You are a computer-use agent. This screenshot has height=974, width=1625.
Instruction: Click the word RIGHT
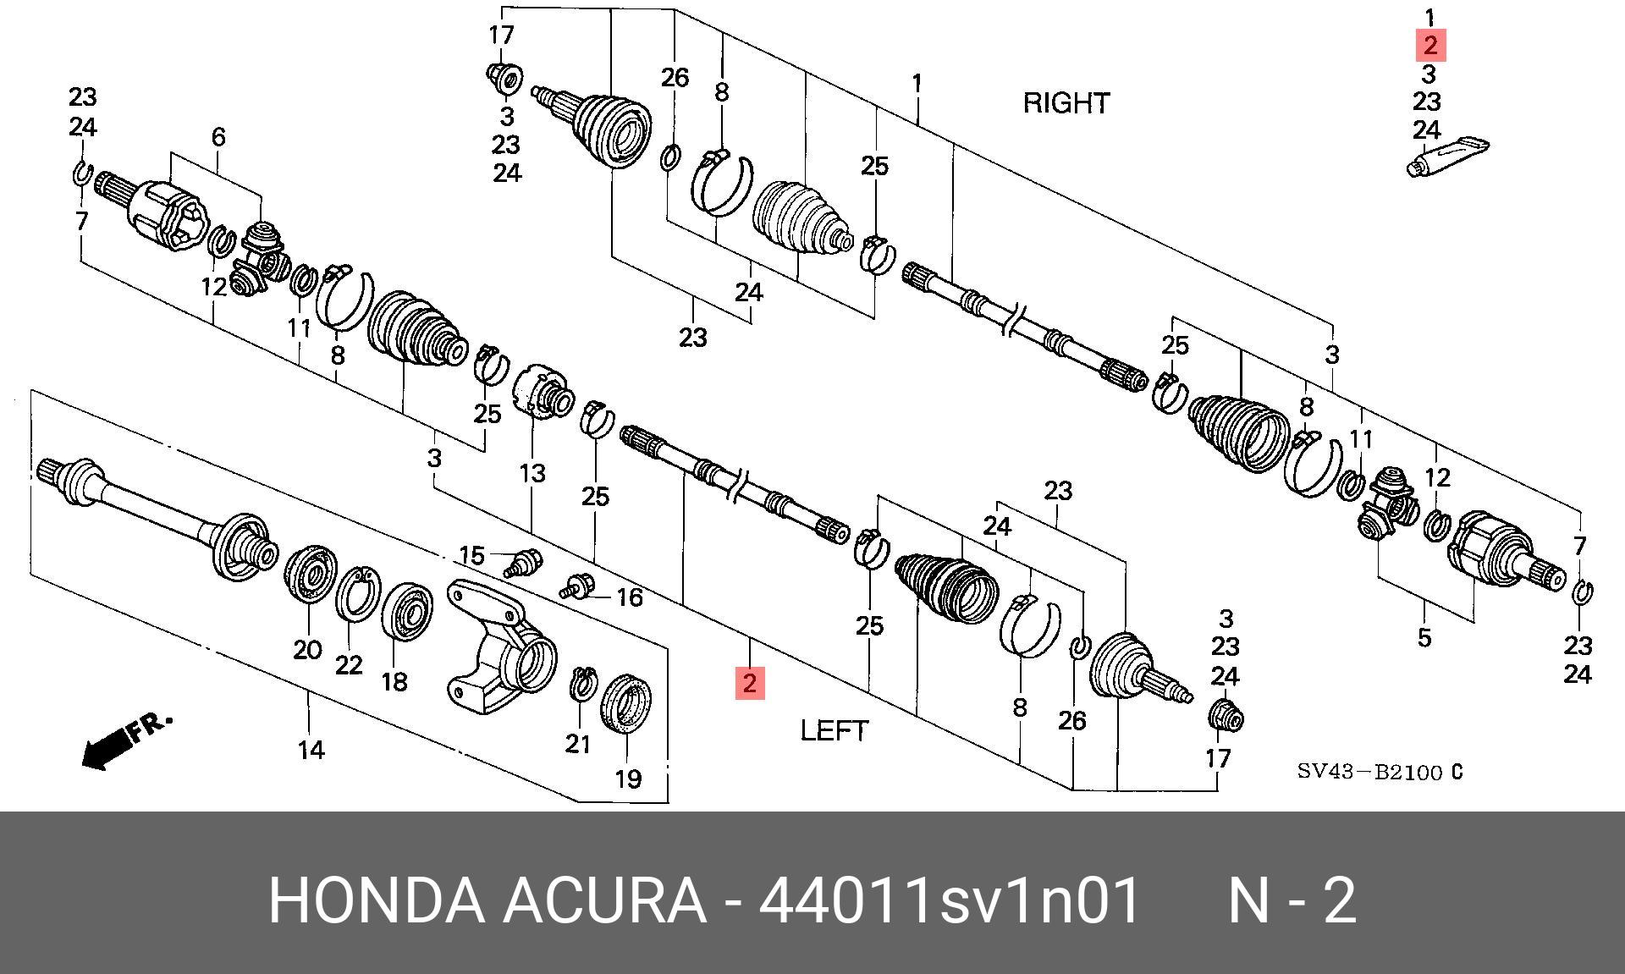pyautogui.click(x=1066, y=103)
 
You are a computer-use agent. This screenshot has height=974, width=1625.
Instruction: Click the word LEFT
pyautogui.click(x=835, y=730)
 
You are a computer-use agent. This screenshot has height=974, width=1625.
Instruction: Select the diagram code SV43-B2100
pyautogui.click(x=1369, y=773)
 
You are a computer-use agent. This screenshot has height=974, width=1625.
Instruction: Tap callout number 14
pyautogui.click(x=311, y=750)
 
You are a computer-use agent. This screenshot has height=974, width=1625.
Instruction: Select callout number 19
pyautogui.click(x=627, y=778)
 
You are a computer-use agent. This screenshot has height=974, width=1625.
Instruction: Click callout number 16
pyautogui.click(x=629, y=598)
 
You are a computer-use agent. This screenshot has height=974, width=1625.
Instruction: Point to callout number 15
pyautogui.click(x=471, y=556)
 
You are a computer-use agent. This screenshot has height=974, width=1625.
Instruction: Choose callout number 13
pyautogui.click(x=532, y=472)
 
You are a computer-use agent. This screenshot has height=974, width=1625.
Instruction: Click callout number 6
pyautogui.click(x=218, y=136)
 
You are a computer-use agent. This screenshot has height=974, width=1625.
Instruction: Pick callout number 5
pyautogui.click(x=1424, y=637)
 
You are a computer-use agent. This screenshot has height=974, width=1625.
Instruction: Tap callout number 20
pyautogui.click(x=307, y=650)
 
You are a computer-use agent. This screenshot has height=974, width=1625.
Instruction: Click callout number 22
pyautogui.click(x=349, y=666)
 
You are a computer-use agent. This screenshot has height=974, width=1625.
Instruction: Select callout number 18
pyautogui.click(x=394, y=681)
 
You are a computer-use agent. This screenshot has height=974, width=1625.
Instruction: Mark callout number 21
pyautogui.click(x=577, y=744)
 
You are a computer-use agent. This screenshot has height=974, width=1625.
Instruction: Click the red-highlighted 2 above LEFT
pyautogui.click(x=749, y=683)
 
